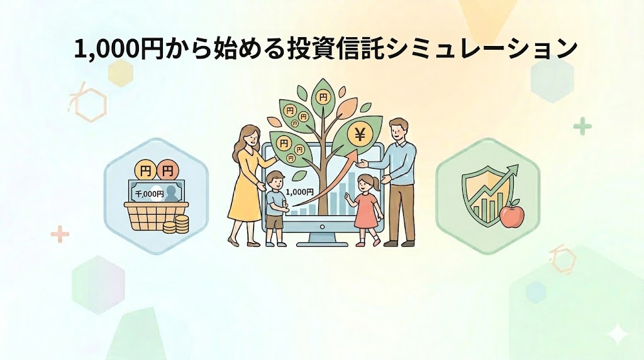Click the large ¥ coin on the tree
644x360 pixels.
(x=360, y=134)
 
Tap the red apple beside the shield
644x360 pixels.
(x=511, y=215)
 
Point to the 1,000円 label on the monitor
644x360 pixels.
(x=299, y=191)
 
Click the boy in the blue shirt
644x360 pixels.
(x=275, y=201)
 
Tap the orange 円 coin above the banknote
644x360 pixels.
(x=167, y=170)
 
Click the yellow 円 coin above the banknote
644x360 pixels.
(x=145, y=170)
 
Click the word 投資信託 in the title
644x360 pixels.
(x=336, y=50)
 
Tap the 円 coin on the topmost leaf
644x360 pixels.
(x=323, y=98)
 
